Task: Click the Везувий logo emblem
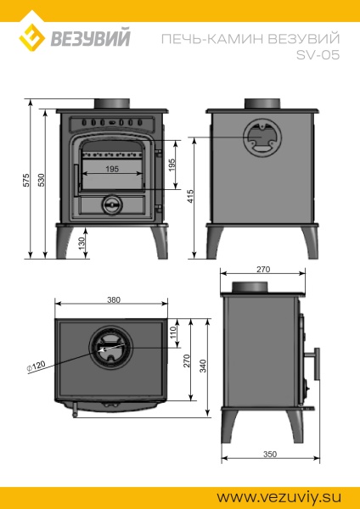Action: (x=33, y=36)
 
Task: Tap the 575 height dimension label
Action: (x=26, y=180)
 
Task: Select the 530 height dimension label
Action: (x=42, y=180)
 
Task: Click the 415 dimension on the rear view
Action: (x=192, y=198)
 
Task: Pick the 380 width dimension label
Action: (x=114, y=299)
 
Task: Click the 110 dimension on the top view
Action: (x=172, y=334)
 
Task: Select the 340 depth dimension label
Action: (x=204, y=364)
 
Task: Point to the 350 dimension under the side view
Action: (x=269, y=455)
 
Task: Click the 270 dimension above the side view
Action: (x=263, y=269)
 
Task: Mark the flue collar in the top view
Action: (x=111, y=349)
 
